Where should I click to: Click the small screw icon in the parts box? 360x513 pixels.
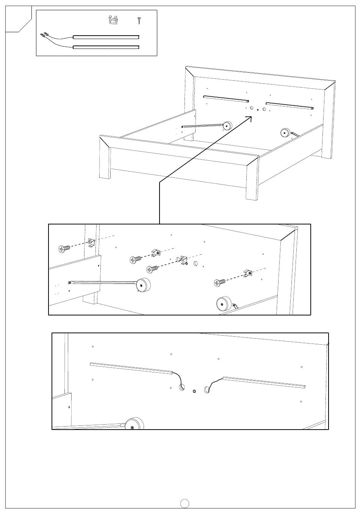click(139, 20)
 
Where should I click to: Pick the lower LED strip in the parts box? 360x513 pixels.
click(106, 47)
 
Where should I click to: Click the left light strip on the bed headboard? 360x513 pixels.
click(226, 99)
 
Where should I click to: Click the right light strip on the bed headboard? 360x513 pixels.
click(290, 105)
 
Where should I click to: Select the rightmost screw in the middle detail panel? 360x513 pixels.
click(219, 282)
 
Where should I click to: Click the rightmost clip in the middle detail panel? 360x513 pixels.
click(247, 273)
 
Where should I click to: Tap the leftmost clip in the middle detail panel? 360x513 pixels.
click(91, 242)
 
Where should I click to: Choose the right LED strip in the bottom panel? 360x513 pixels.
click(265, 382)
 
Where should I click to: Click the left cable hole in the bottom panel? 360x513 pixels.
click(182, 387)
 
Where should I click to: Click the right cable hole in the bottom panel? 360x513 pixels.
click(207, 389)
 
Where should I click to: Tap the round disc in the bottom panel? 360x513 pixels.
click(135, 424)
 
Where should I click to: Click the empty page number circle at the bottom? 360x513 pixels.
click(185, 503)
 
